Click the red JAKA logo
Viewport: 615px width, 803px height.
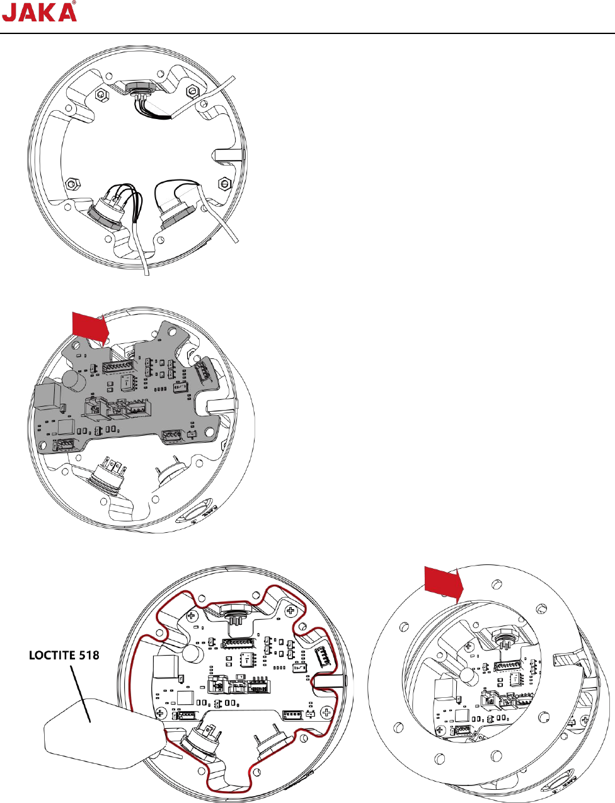coord(39,12)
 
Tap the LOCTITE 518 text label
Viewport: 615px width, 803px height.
coord(64,656)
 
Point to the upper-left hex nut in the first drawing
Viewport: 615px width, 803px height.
coord(100,95)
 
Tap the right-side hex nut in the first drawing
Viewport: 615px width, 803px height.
coord(223,184)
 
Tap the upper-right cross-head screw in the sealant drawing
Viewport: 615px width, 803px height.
coord(289,610)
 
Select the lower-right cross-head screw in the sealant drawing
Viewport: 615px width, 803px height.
coord(326,712)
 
